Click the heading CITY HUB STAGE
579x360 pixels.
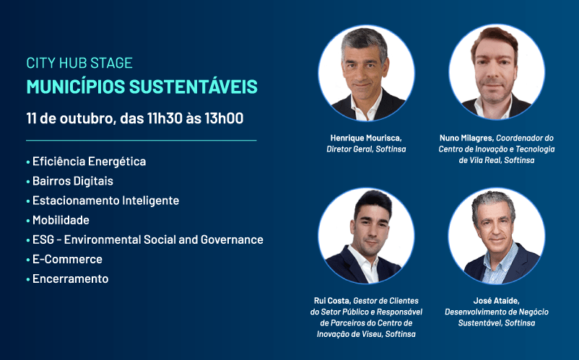tap(79, 63)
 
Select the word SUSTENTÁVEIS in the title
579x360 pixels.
tap(193, 87)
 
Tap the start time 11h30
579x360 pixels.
tap(165, 118)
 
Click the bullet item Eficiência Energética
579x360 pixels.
tap(89, 161)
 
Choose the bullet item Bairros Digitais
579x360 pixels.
tap(73, 181)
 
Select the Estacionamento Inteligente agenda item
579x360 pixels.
tap(105, 201)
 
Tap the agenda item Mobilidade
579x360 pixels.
tap(61, 220)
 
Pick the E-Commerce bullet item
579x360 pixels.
tap(67, 259)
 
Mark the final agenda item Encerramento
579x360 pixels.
tap(71, 278)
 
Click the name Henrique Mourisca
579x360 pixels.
tap(365, 138)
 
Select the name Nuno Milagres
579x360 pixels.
tap(466, 138)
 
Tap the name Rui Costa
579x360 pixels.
tap(331, 301)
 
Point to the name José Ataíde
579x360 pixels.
tap(496, 301)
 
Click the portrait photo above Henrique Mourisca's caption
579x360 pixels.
tap(366, 73)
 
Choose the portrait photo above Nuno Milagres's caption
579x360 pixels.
tap(497, 72)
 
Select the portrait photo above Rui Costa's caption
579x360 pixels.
tap(366, 236)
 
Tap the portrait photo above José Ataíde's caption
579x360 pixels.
tap(497, 236)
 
